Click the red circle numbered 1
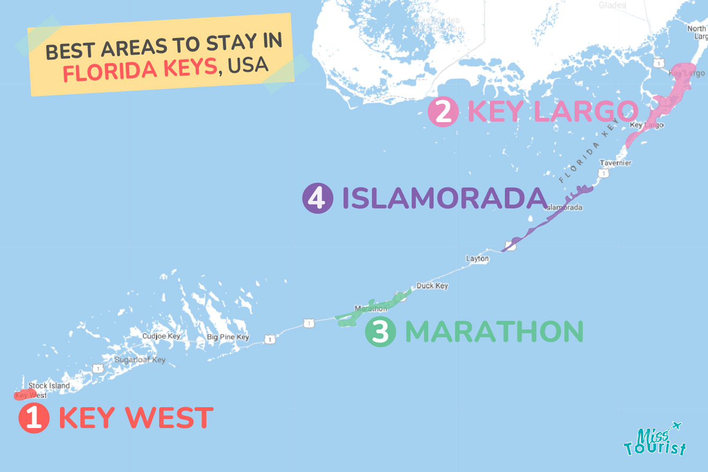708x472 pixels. click(x=34, y=418)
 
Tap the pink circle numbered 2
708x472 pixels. click(x=443, y=112)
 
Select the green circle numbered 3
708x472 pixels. click(x=380, y=331)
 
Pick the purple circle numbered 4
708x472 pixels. click(x=318, y=198)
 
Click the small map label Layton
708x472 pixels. click(x=477, y=259)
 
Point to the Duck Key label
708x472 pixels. click(x=432, y=286)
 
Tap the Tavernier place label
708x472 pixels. click(x=615, y=163)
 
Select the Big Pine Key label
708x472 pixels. click(x=228, y=337)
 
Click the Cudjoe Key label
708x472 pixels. click(x=161, y=336)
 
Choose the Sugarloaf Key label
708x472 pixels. click(x=140, y=360)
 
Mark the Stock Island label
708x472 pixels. click(x=49, y=386)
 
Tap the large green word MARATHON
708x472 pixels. click(x=493, y=331)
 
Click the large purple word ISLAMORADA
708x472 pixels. click(x=444, y=198)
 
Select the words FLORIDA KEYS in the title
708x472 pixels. click(x=139, y=70)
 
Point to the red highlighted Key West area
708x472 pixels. click(x=25, y=395)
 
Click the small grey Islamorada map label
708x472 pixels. click(x=564, y=208)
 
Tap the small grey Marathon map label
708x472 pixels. click(x=371, y=309)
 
